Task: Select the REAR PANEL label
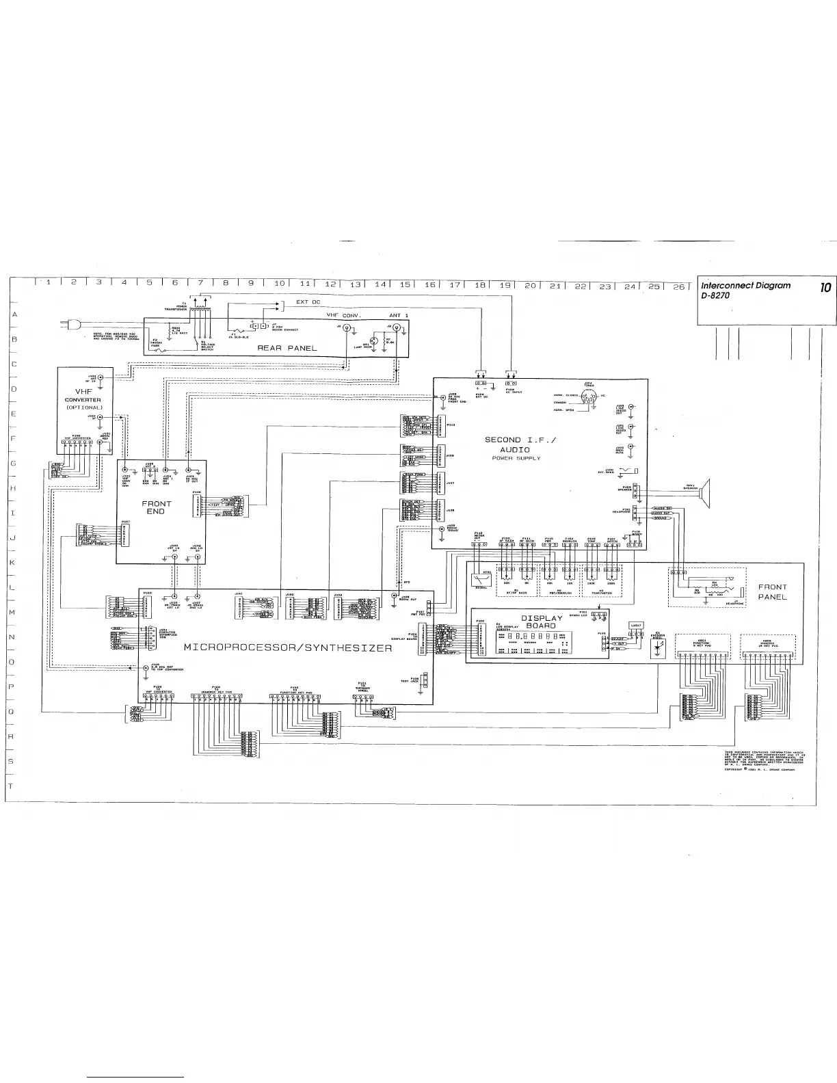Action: click(x=287, y=348)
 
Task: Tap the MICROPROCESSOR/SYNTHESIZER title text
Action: click(x=288, y=647)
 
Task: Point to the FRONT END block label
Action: click(x=157, y=507)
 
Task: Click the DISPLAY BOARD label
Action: click(x=542, y=621)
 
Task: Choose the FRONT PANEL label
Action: click(x=773, y=592)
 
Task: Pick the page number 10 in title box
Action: click(x=825, y=288)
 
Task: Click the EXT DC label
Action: click(x=308, y=302)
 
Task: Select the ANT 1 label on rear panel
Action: click(x=399, y=315)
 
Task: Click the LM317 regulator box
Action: click(x=636, y=625)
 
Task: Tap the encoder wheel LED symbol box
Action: click(x=657, y=649)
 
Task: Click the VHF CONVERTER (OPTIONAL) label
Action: click(x=83, y=400)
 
